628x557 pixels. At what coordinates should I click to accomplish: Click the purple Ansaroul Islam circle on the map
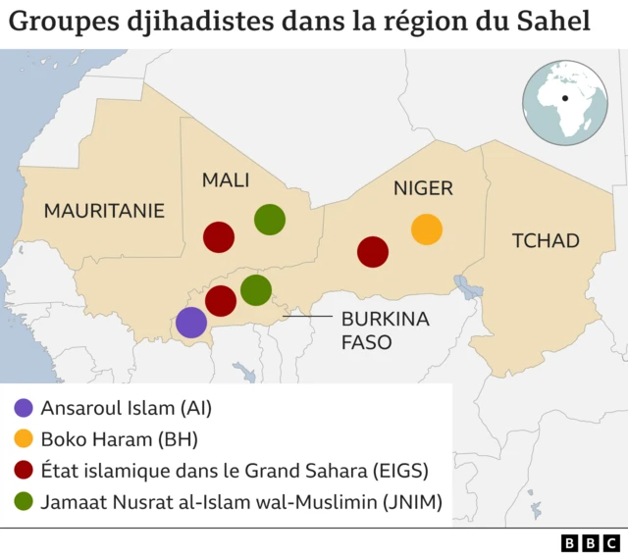click(x=191, y=322)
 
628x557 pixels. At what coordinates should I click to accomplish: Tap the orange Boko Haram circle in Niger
click(x=426, y=228)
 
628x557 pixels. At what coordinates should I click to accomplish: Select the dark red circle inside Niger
click(x=373, y=252)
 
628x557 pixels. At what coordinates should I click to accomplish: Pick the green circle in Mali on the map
click(x=270, y=220)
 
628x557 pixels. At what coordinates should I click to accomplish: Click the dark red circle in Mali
click(x=218, y=237)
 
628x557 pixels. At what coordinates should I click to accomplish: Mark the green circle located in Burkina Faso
click(x=255, y=289)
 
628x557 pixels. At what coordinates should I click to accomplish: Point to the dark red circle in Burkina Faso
click(x=221, y=300)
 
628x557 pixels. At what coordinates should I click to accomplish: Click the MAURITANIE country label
click(x=104, y=210)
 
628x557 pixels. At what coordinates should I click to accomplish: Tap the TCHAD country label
click(x=547, y=240)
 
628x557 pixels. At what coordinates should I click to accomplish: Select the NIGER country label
click(x=423, y=188)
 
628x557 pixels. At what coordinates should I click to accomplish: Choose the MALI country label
click(x=226, y=180)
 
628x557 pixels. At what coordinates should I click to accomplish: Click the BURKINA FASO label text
click(x=371, y=330)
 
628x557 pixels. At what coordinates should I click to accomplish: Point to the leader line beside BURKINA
click(x=307, y=318)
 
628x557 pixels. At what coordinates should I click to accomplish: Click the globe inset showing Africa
click(x=565, y=102)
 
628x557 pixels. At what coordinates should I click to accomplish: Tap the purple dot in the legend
click(x=24, y=407)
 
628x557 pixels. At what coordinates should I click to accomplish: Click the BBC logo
click(x=590, y=542)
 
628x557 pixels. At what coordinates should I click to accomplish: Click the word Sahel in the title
click(x=554, y=22)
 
